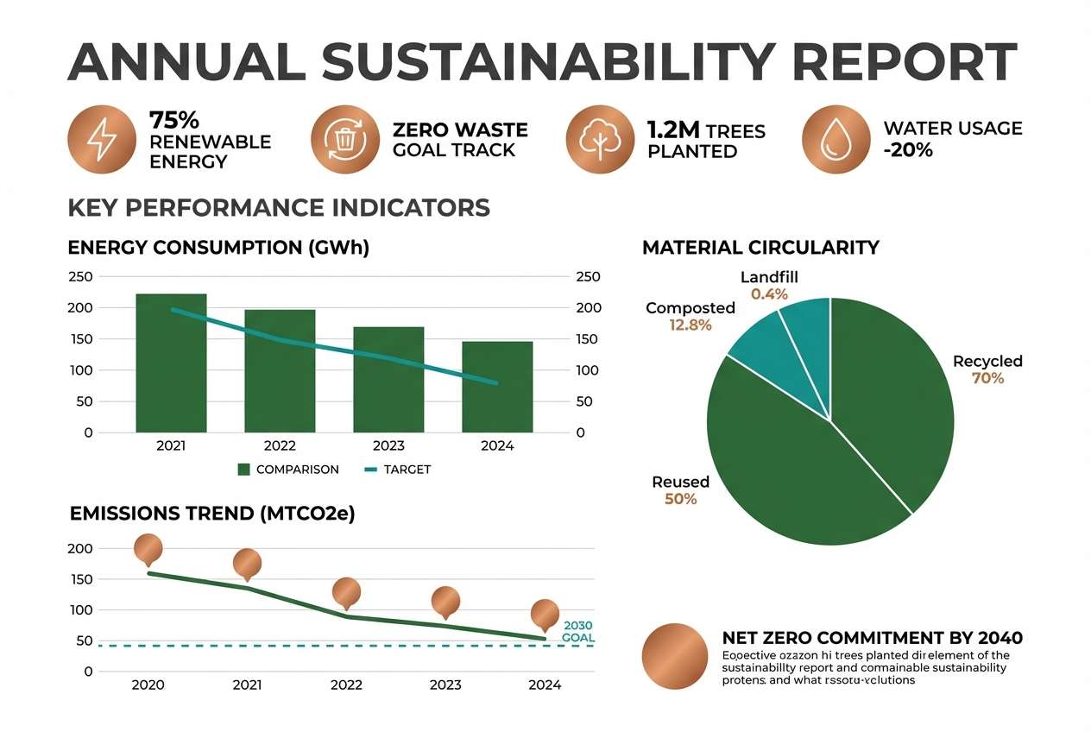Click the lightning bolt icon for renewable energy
[101, 140]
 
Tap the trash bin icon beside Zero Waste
[344, 140]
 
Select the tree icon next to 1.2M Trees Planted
[599, 140]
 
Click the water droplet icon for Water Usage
[836, 140]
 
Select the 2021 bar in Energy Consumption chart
[171, 363]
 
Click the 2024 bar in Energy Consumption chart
[497, 387]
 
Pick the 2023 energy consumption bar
[388, 379]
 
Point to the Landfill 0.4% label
[769, 286]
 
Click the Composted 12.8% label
[691, 316]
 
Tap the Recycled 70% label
[987, 369]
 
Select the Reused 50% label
[681, 490]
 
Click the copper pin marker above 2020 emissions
[148, 548]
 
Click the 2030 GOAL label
[577, 631]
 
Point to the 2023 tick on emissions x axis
[445, 685]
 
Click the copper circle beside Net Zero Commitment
[675, 656]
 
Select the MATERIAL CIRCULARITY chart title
[760, 248]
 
